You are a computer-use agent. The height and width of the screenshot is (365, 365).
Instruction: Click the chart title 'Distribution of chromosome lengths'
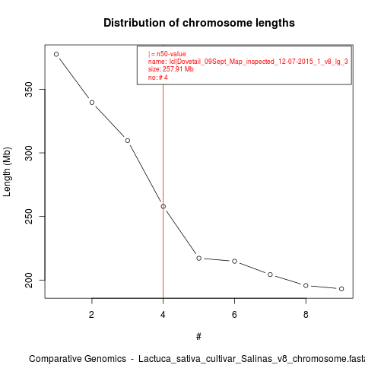[199, 23]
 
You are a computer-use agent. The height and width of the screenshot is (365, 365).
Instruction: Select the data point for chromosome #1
[56, 54]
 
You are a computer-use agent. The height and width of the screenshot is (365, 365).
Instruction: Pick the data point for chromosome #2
[92, 103]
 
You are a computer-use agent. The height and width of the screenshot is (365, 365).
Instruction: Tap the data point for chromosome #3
[128, 141]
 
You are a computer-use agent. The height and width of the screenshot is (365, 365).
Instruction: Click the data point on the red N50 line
[163, 206]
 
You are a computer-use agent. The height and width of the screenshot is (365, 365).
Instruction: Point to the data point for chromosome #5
[199, 258]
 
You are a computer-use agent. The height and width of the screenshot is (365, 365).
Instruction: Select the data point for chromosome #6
[234, 261]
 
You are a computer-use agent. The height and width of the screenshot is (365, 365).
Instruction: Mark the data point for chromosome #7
[270, 275]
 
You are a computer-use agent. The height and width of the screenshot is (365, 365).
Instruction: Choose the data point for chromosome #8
[306, 285]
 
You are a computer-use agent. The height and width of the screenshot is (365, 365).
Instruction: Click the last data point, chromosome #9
[341, 289]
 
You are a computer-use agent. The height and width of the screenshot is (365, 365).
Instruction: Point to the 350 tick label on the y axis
[30, 90]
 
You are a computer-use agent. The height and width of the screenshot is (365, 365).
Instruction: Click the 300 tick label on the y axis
[30, 153]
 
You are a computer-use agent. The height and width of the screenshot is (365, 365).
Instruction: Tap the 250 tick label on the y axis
[30, 216]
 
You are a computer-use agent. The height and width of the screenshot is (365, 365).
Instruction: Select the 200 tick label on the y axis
[30, 280]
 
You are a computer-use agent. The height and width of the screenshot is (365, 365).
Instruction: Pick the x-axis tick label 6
[234, 315]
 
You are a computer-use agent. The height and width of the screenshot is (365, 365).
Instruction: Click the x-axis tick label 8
[306, 315]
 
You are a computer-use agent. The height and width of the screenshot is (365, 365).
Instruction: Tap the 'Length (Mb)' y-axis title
[7, 172]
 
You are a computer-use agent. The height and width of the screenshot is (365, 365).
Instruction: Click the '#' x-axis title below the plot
[198, 337]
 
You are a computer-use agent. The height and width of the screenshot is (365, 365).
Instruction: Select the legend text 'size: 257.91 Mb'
[171, 69]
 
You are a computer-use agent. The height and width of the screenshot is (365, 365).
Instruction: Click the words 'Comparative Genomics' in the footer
[78, 359]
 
